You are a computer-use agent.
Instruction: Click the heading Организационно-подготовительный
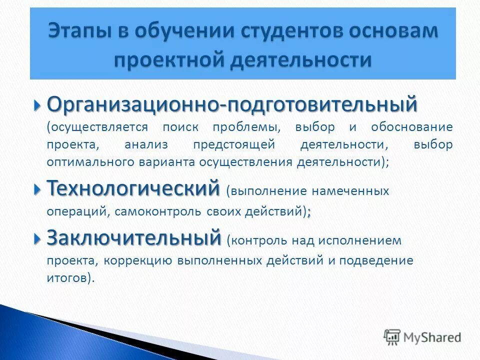click(231, 105)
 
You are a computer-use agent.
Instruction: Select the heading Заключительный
click(133, 237)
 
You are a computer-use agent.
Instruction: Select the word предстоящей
click(234, 144)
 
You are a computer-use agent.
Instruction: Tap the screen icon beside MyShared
click(392, 337)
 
